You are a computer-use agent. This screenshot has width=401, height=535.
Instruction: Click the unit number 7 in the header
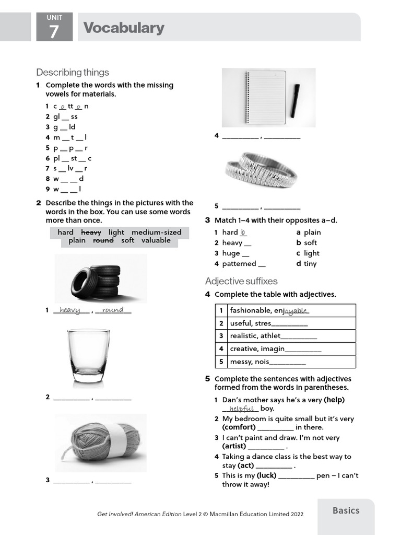[54, 33]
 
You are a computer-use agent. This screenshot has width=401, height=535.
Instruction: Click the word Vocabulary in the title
[124, 28]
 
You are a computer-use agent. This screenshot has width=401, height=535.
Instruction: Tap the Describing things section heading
[73, 72]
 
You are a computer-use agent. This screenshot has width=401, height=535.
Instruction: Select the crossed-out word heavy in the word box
[91, 232]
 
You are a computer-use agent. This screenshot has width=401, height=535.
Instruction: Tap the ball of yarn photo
[99, 443]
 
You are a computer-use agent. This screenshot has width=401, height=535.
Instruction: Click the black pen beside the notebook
[296, 100]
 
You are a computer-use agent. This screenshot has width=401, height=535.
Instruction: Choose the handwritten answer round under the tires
[113, 310]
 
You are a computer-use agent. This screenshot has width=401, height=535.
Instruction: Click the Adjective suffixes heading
[241, 281]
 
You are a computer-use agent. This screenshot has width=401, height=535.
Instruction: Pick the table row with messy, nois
[285, 362]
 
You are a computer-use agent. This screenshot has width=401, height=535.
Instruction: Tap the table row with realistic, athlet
[285, 336]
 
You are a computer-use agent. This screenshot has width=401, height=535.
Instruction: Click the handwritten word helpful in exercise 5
[241, 409]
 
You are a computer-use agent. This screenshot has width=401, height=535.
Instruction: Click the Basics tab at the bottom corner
[346, 510]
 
